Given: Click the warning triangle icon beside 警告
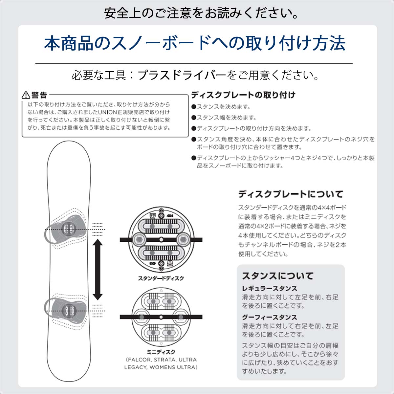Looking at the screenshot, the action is point(26,95).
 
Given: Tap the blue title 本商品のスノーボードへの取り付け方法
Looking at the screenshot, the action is point(195,43).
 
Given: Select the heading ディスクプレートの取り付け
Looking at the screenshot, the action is point(243,95).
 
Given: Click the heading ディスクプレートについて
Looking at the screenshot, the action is point(291,194).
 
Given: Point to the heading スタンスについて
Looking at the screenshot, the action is point(278,276).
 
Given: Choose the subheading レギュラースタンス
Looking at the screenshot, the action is point(270,289).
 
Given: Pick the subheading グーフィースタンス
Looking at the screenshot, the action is point(270,317).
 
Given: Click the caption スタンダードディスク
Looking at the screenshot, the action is point(161,278).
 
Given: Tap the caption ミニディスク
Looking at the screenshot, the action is point(161,352).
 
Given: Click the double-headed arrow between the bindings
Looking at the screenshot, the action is point(98,270).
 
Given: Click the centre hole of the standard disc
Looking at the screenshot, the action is point(161,239).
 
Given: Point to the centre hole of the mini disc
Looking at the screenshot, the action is point(161,317).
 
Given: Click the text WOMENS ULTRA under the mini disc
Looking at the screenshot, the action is point(173,367).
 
